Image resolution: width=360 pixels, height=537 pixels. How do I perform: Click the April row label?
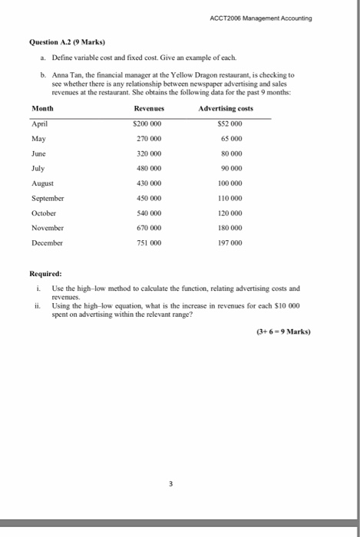(x=40, y=124)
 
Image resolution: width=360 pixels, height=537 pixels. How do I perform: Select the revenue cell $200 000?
(x=149, y=124)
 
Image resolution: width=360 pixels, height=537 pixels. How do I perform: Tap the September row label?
(x=48, y=207)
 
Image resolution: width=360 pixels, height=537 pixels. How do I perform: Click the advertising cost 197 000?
(x=230, y=242)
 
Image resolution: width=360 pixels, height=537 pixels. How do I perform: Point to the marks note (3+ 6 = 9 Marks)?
(x=289, y=332)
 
